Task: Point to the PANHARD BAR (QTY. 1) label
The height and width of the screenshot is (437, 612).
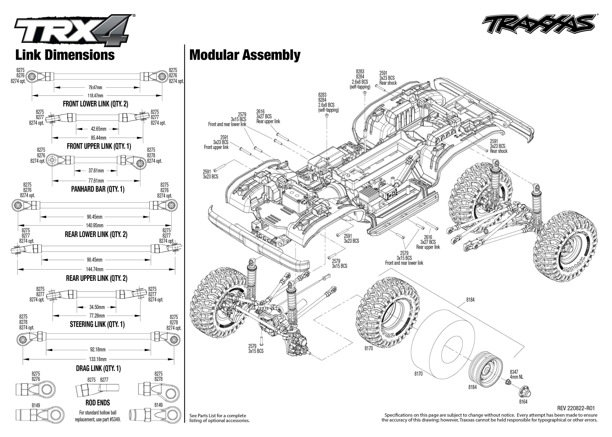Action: point(98,189)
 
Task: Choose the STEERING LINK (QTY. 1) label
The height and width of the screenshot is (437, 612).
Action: point(97,324)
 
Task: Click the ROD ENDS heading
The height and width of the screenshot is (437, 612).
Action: point(98,403)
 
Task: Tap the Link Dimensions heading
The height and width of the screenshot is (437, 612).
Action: point(65,55)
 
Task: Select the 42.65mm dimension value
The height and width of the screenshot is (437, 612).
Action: point(99,129)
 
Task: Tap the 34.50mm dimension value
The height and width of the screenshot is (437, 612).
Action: point(97,307)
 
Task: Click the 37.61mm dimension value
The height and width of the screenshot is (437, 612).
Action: point(96,171)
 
